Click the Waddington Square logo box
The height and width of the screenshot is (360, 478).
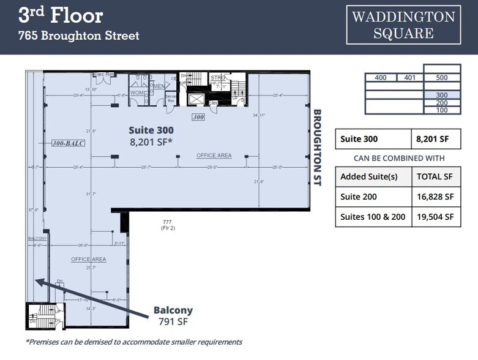[x=403, y=25]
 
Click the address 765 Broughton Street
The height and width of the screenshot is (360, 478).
[x=79, y=36]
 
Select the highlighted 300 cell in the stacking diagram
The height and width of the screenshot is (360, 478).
[x=442, y=96]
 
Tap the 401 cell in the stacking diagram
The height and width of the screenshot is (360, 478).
[x=409, y=78]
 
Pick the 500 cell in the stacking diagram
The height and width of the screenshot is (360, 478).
[x=442, y=78]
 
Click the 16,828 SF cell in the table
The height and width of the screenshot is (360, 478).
[x=435, y=197]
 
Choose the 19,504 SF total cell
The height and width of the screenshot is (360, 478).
[x=435, y=217]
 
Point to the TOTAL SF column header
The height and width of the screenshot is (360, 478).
[x=435, y=176]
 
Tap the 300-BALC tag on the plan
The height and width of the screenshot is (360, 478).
[x=68, y=143]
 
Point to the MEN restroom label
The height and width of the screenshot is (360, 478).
[x=158, y=86]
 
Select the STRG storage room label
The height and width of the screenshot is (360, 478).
[x=217, y=78]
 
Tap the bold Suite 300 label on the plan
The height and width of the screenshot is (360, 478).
[x=151, y=130]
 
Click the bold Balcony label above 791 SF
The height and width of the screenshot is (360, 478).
[x=173, y=310]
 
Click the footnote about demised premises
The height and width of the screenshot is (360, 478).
[x=134, y=342]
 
